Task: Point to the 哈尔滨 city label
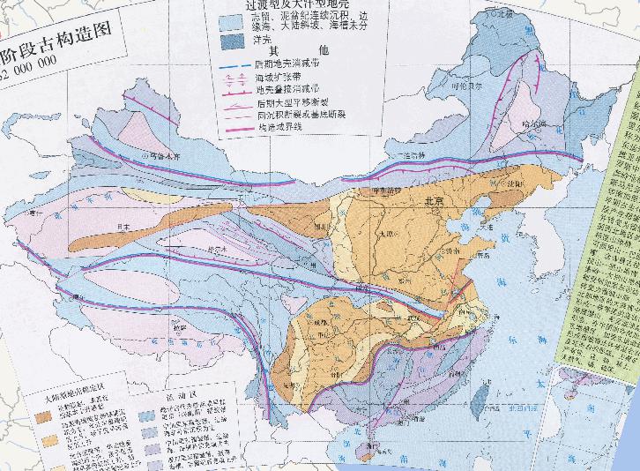pos(530,124)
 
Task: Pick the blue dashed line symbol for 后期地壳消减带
pos(234,65)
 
